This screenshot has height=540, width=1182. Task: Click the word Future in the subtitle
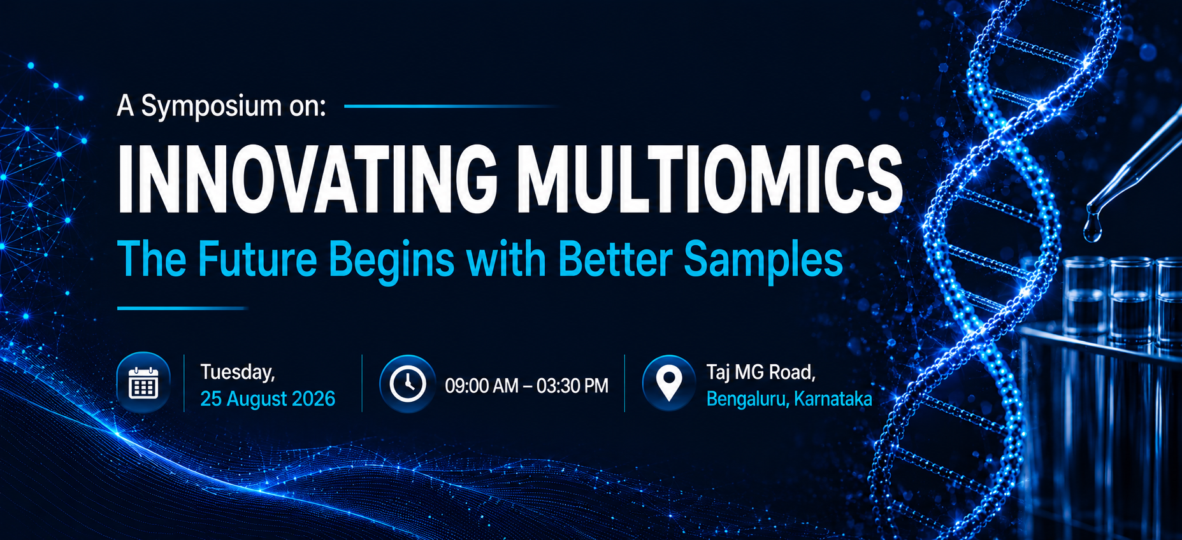click(257, 259)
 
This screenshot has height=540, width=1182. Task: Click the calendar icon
click(143, 383)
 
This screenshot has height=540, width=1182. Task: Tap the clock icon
click(408, 384)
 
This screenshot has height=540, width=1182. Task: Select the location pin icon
click(668, 383)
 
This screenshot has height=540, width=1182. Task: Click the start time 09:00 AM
click(482, 386)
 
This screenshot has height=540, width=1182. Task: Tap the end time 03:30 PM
click(572, 386)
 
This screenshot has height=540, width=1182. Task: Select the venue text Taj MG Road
click(761, 372)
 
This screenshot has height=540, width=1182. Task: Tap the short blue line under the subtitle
click(183, 308)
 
